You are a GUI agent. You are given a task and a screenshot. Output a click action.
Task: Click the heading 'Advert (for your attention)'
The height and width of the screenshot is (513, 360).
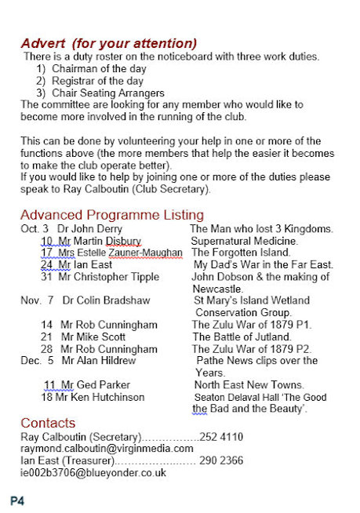pos(108,42)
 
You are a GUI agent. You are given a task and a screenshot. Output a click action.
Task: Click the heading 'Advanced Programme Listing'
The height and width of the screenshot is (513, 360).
pos(112,215)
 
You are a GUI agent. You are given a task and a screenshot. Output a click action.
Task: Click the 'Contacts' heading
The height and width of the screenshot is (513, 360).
pos(48,423)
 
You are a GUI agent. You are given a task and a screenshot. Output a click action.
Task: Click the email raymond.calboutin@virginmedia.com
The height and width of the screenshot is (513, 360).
pos(107,449)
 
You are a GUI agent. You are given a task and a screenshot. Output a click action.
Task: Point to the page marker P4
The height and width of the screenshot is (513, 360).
pos(17,499)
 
